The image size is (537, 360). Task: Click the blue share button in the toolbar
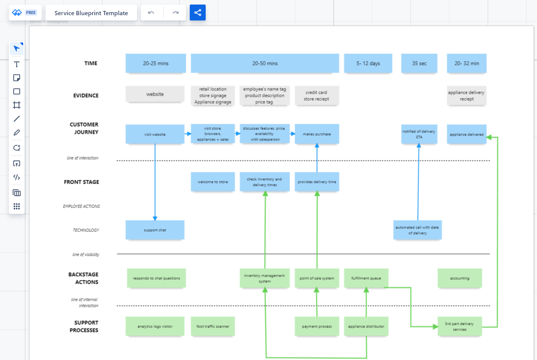(x=197, y=13)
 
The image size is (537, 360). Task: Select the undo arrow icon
(x=151, y=13)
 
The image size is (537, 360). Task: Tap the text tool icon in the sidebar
(x=17, y=64)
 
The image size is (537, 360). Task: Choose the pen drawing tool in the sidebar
(x=17, y=132)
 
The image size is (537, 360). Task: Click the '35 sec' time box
(x=419, y=63)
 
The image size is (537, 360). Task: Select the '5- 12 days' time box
(x=368, y=63)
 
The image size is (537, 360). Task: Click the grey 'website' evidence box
(x=155, y=94)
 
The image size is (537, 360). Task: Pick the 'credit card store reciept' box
(x=317, y=96)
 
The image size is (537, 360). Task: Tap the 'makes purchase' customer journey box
(x=317, y=134)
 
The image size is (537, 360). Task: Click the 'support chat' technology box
(x=155, y=230)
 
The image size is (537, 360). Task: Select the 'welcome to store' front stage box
(x=213, y=182)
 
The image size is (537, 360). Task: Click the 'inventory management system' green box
(x=264, y=278)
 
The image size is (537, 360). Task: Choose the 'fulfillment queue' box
(x=366, y=278)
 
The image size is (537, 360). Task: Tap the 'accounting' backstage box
(x=460, y=278)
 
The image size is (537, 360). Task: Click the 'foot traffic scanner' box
(x=213, y=326)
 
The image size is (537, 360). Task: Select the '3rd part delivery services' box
(x=460, y=326)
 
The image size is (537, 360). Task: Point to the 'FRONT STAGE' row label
(x=81, y=182)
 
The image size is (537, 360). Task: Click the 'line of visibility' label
(x=86, y=255)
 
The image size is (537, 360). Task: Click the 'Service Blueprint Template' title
(x=91, y=13)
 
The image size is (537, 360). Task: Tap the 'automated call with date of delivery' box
(x=417, y=230)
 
